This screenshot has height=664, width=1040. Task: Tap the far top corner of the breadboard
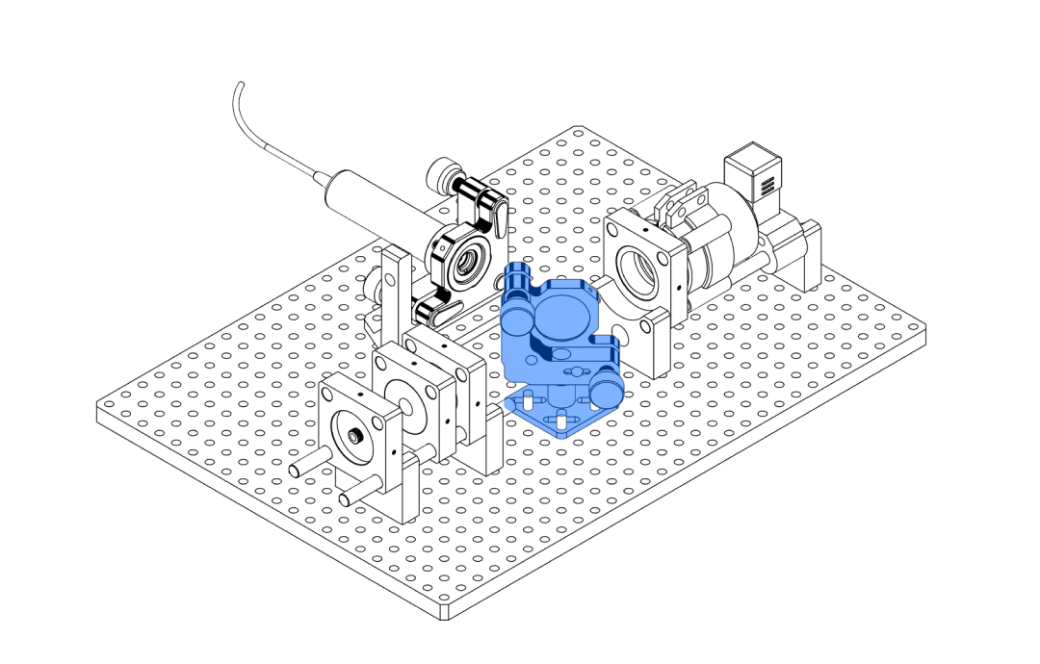(576, 127)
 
